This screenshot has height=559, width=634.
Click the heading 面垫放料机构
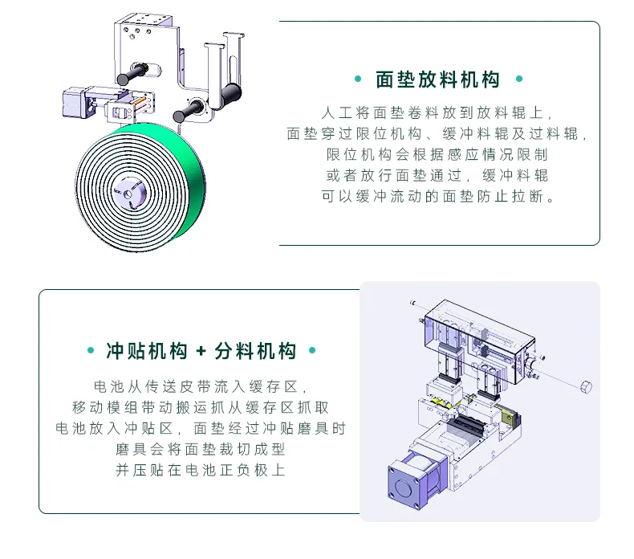coord(437,80)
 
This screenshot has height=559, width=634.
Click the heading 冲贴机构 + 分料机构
coord(201,351)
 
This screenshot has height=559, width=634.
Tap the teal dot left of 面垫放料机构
coord(357,80)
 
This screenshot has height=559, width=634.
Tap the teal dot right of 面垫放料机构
coord(518,80)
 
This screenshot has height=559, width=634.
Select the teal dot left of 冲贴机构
coord(89,351)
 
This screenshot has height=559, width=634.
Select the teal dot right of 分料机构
coord(312,351)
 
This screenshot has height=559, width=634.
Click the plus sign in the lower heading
coord(201,351)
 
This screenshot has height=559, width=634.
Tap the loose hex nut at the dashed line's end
coord(586,387)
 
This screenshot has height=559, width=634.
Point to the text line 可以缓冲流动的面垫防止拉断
coord(437,196)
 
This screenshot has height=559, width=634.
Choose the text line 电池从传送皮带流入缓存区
coord(201,386)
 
